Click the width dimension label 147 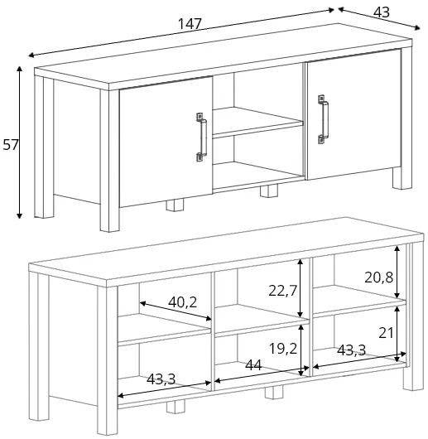pyautogui.click(x=190, y=24)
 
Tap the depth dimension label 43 pyautogui.click(x=382, y=12)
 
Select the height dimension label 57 pyautogui.click(x=10, y=145)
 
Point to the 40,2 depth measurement pyautogui.click(x=182, y=302)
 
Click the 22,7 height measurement pyautogui.click(x=282, y=291)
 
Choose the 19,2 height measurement pyautogui.click(x=283, y=349)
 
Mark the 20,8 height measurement pyautogui.click(x=379, y=277)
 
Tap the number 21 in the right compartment pyautogui.click(x=386, y=333)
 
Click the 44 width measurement pyautogui.click(x=253, y=365)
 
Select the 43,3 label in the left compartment pyautogui.click(x=161, y=379)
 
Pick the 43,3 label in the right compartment pyautogui.click(x=351, y=350)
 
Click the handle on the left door pyautogui.click(x=201, y=137)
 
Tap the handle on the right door pyautogui.click(x=323, y=119)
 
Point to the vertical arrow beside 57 pyautogui.click(x=19, y=142)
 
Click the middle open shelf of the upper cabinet pyautogui.click(x=257, y=122)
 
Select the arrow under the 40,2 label pyautogui.click(x=176, y=311)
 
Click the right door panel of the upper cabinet pyautogui.click(x=354, y=115)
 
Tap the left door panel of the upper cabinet pyautogui.click(x=166, y=142)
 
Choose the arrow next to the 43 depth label pyautogui.click(x=379, y=19)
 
